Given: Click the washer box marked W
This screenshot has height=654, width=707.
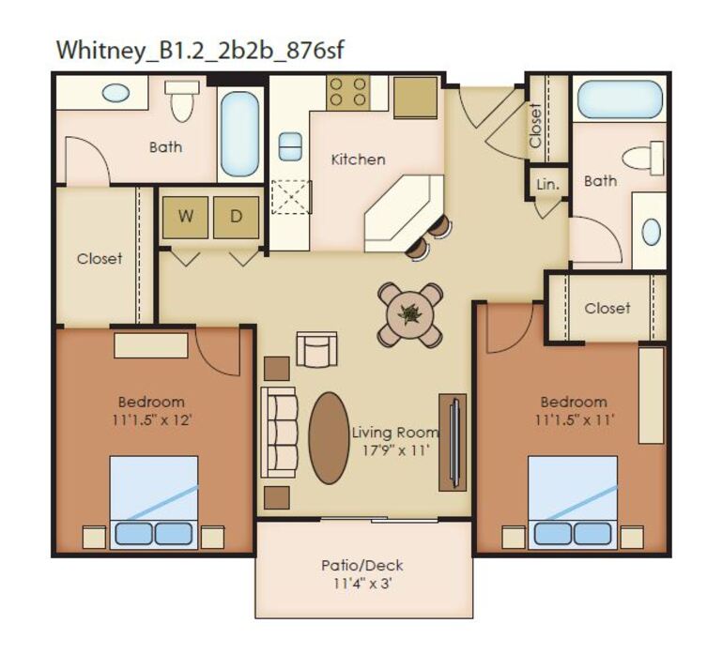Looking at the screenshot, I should pos(186,217).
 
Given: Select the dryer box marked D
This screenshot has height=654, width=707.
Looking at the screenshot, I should pos(237,217).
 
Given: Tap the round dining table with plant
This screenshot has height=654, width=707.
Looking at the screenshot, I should pos(410,313).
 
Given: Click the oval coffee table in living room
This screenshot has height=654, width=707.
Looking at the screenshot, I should pos(329,437).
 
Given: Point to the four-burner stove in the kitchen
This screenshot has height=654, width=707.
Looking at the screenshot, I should pos(346,94).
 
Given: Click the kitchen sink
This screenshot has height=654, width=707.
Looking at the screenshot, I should pos(290,146).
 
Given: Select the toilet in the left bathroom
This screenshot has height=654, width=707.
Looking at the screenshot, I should pos(182,100).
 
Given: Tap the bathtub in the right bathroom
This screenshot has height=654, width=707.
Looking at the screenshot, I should pos(620,99).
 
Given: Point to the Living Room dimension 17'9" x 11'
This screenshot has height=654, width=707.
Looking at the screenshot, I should pos(395,450).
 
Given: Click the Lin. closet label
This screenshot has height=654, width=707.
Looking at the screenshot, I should pos(547,184).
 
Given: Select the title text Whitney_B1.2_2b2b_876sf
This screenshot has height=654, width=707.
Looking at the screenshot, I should pos(200,50).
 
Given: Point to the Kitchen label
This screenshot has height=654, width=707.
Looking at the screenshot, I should pos(358,160).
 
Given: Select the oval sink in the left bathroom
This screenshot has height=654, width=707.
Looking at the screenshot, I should pos(115,92).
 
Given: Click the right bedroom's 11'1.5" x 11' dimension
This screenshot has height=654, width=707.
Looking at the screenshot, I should pos(573,419).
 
